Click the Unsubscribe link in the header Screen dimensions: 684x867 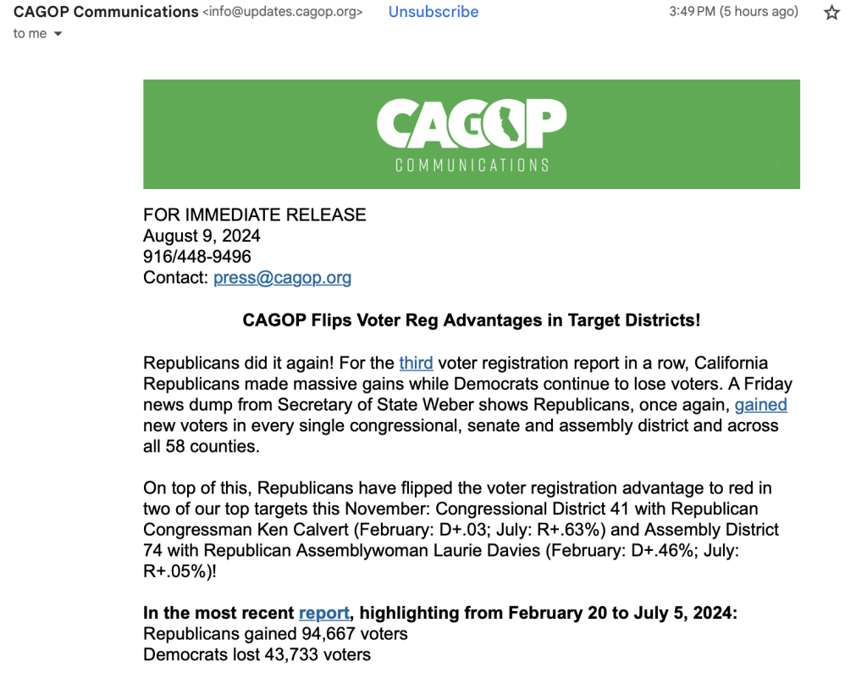tap(433, 12)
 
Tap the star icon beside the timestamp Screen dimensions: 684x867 tap(832, 13)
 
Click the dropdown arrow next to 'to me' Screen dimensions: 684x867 tap(58, 34)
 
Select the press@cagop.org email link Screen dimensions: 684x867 tap(282, 277)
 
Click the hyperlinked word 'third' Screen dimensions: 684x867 tap(416, 363)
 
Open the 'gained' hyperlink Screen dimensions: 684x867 tap(760, 404)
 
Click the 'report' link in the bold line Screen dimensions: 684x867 tap(324, 613)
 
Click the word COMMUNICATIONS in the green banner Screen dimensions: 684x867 tap(472, 164)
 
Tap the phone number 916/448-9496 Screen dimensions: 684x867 tap(197, 256)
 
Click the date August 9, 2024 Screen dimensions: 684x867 tap(202, 236)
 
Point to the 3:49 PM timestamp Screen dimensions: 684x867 tap(692, 12)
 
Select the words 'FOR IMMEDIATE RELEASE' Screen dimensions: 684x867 tap(255, 214)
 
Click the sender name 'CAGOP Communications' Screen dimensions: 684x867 tap(106, 12)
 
